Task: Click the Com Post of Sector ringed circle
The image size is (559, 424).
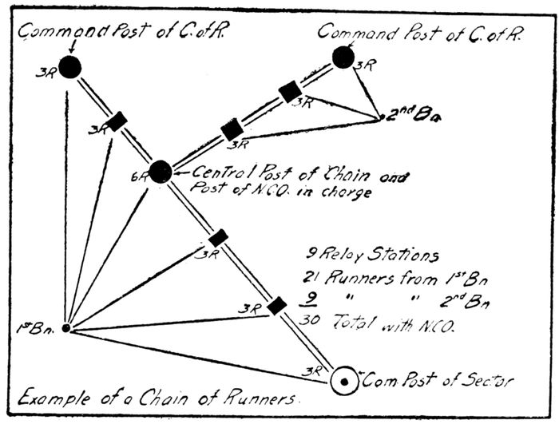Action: tap(344, 382)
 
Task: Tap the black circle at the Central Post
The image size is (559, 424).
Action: tap(161, 171)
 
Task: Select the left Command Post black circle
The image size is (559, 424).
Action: tap(69, 68)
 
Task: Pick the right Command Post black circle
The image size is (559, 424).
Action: tap(343, 57)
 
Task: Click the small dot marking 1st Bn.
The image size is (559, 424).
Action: tap(66, 327)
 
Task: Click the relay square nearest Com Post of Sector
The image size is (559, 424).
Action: tap(276, 305)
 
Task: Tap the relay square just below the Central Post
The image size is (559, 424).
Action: tap(218, 237)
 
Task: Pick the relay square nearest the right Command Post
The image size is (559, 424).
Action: tap(290, 91)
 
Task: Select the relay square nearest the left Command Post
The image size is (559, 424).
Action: tap(117, 121)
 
